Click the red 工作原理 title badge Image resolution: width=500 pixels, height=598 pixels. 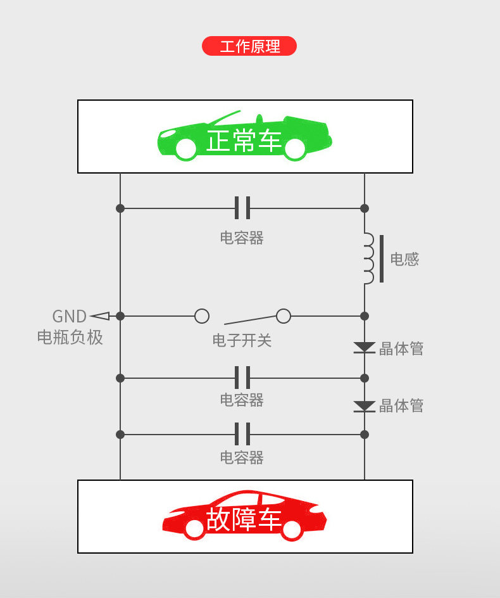pyautogui.click(x=249, y=46)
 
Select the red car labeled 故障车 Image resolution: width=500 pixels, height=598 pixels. pyautogui.click(x=244, y=517)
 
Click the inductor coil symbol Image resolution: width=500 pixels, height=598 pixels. pyautogui.click(x=369, y=258)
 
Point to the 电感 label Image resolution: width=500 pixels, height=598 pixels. pyautogui.click(x=404, y=259)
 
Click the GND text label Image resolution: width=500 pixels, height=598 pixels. pyautogui.click(x=69, y=316)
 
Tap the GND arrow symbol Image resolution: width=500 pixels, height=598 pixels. pyautogui.click(x=99, y=315)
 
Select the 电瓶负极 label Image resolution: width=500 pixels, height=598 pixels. pyautogui.click(x=70, y=337)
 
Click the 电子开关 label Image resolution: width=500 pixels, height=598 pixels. pyautogui.click(x=242, y=341)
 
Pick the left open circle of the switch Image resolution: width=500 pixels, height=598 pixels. pyautogui.click(x=202, y=315)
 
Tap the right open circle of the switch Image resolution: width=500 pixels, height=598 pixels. pyautogui.click(x=284, y=315)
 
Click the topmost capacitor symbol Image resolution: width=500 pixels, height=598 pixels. pyautogui.click(x=242, y=208)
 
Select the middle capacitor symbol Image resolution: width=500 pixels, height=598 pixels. pyautogui.click(x=242, y=378)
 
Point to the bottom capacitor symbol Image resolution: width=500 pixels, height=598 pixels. pyautogui.click(x=242, y=434)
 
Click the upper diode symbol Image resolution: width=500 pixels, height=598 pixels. pyautogui.click(x=365, y=348)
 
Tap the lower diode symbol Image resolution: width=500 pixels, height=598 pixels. pyautogui.click(x=365, y=406)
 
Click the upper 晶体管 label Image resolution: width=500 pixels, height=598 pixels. pyautogui.click(x=401, y=348)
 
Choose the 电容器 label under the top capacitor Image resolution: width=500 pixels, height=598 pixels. pyautogui.click(x=242, y=238)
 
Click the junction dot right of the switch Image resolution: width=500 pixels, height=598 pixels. pyautogui.click(x=365, y=315)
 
